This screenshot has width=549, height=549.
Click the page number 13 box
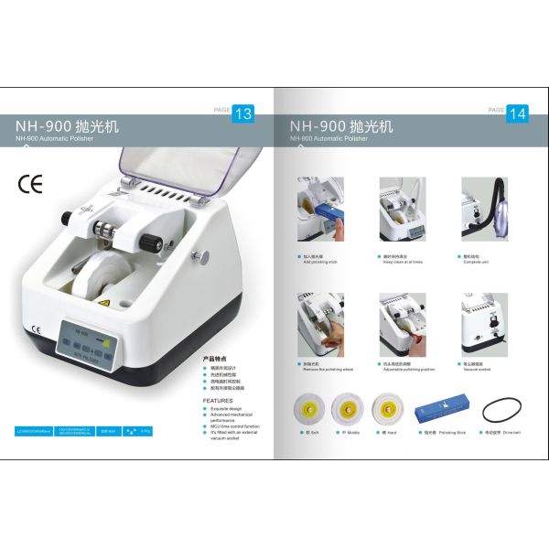point(244,113)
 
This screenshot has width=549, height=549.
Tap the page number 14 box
point(517,113)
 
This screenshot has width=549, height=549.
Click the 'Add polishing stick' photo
point(320,210)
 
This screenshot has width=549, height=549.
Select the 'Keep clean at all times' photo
point(403,210)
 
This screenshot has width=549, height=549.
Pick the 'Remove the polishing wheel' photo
point(320,322)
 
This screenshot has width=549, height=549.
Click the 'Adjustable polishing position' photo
point(403,322)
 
